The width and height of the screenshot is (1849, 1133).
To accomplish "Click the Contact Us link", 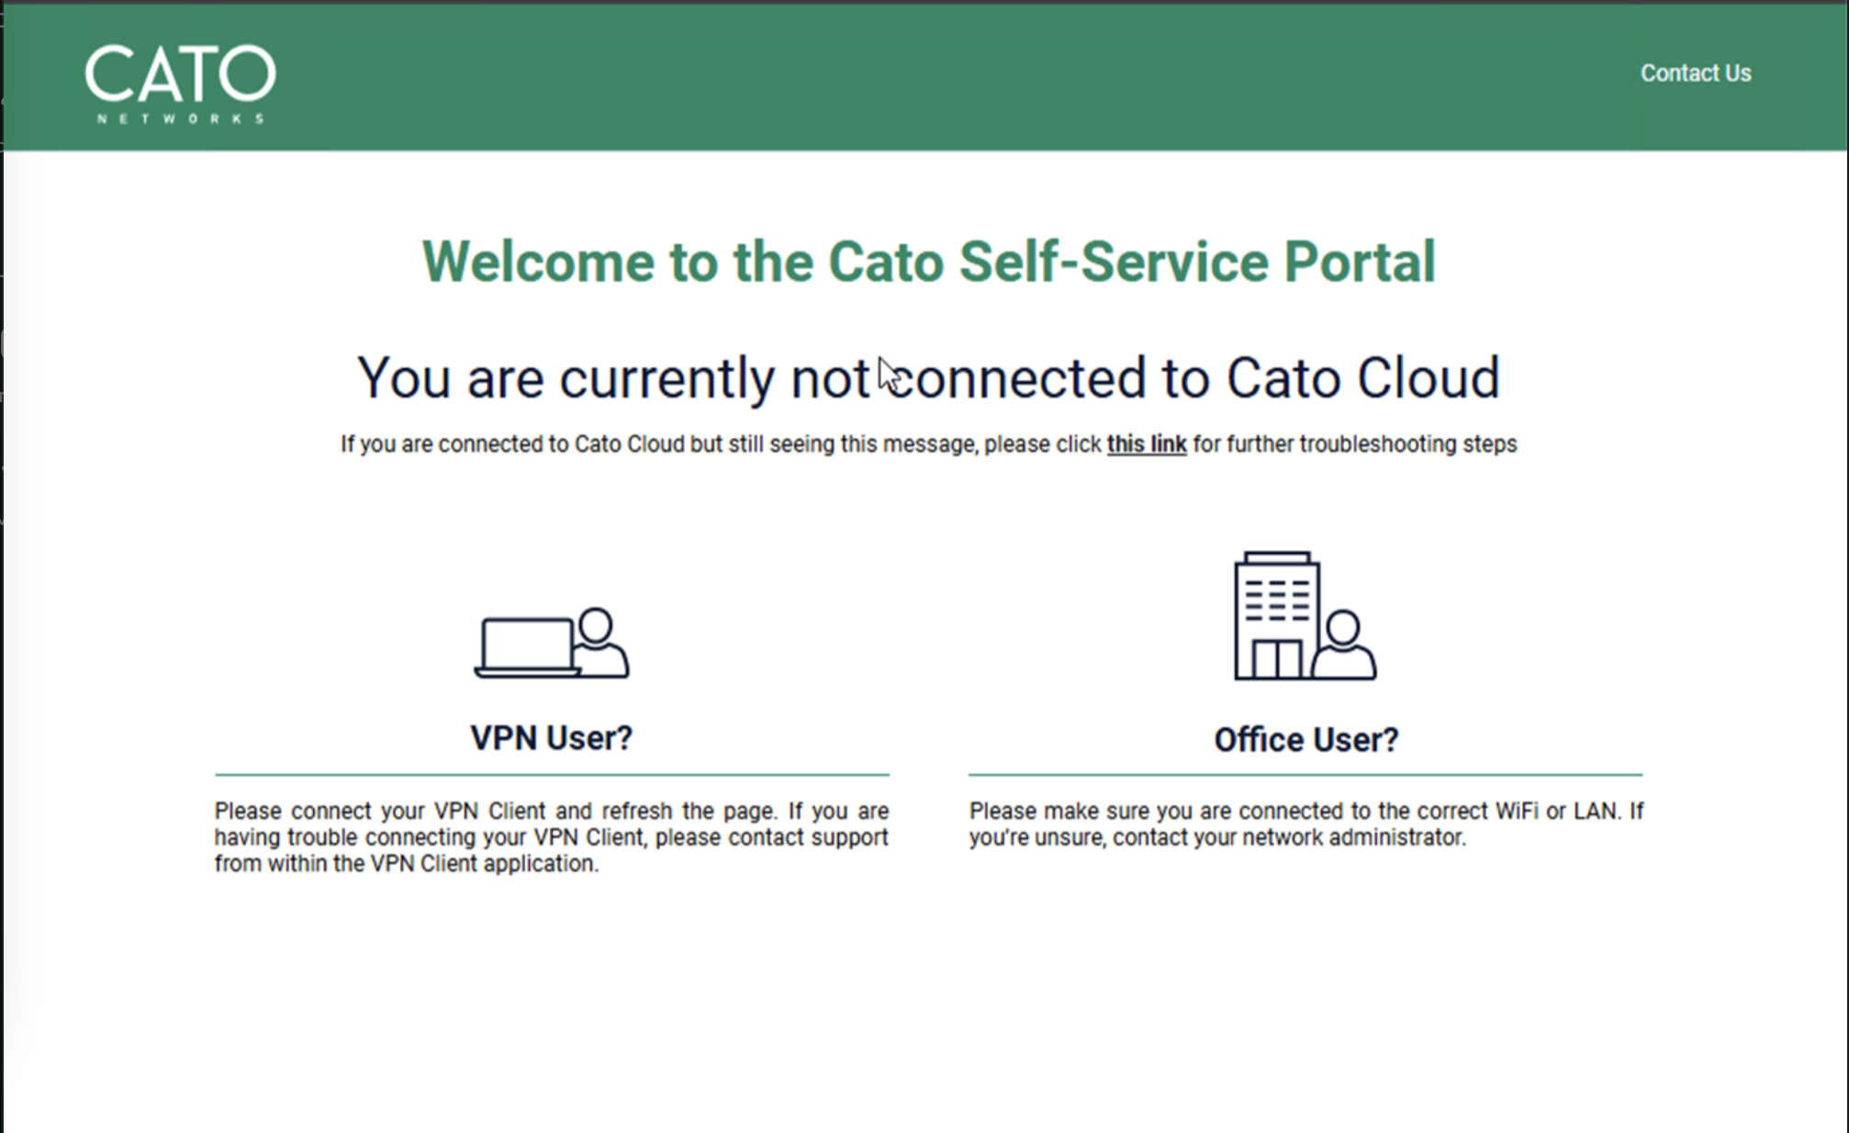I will click(x=1695, y=73).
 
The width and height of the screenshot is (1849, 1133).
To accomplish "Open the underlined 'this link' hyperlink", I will click(x=1146, y=444).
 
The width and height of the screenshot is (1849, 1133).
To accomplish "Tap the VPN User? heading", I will click(x=551, y=738).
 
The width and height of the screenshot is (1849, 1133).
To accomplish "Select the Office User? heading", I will click(x=1306, y=740).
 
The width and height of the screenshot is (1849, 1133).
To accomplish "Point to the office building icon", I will click(x=1276, y=615).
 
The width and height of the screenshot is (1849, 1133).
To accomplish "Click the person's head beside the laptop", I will click(x=596, y=624).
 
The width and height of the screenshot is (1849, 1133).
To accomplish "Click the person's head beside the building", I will click(x=1343, y=628).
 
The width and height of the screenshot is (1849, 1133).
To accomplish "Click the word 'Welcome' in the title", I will click(x=537, y=263).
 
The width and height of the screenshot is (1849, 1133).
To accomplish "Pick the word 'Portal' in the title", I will click(x=1359, y=263).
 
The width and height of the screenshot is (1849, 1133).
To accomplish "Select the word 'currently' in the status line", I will click(x=667, y=378).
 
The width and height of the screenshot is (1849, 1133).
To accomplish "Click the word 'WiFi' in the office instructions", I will click(x=1516, y=812).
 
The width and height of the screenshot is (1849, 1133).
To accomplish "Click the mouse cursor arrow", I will click(x=887, y=374).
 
